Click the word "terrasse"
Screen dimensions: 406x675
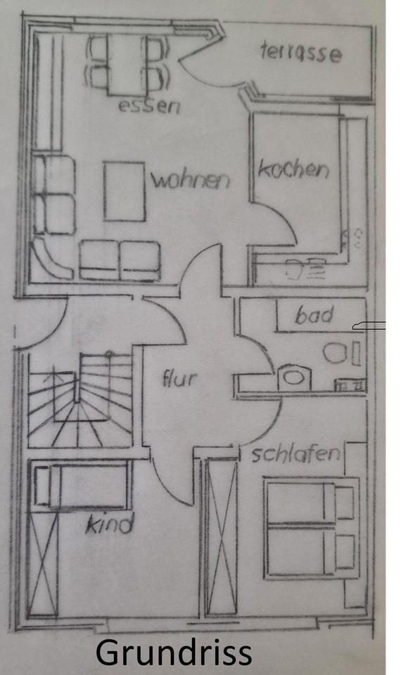pos(301,53)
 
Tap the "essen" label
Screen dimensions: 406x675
pos(149,106)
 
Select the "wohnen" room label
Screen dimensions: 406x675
pos(191,180)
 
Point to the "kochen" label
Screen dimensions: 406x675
pos(293,169)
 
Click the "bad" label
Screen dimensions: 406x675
pos(315,315)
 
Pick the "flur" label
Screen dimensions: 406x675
pos(179,378)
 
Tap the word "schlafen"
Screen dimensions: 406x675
pos(296,454)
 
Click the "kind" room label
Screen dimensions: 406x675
pos(110,524)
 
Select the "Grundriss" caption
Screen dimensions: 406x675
pos(173,652)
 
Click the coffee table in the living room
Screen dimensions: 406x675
pos(124,191)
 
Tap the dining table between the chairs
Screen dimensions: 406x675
pos(127,64)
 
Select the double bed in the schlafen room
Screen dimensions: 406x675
pos(311,528)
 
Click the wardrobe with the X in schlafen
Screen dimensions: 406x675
pos(221,536)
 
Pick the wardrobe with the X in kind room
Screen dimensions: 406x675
pos(43,563)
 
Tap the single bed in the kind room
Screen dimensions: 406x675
pos(82,486)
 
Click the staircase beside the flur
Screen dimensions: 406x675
pos(80,400)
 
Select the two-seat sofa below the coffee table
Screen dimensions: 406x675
pos(120,261)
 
